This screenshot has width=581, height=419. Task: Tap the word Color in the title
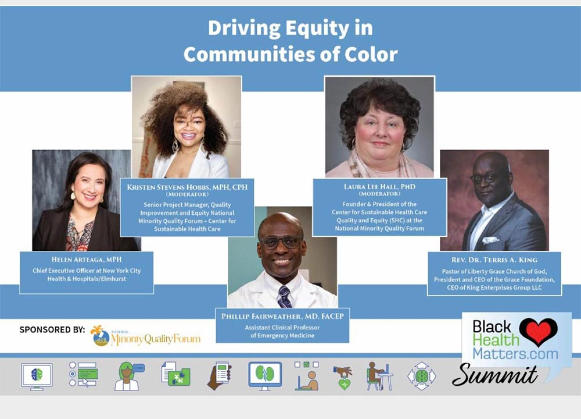(371, 55)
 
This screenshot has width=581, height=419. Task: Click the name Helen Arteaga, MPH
(87, 260)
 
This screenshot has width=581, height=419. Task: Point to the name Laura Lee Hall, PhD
(379, 187)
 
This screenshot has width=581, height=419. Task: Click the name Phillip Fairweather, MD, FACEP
(282, 316)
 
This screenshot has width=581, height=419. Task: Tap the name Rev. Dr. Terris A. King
(494, 260)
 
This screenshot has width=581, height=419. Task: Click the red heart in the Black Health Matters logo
(538, 331)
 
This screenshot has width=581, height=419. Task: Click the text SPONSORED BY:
(52, 329)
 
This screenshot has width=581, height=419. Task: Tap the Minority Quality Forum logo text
(156, 339)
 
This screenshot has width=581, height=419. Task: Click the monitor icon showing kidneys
(265, 375)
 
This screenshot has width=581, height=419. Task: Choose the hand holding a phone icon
(220, 375)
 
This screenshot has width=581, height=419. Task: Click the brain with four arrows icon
(421, 376)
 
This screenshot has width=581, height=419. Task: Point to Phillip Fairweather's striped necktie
(284, 297)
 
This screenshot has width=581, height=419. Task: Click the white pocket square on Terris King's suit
(490, 240)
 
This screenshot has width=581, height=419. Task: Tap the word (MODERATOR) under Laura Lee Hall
(379, 194)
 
